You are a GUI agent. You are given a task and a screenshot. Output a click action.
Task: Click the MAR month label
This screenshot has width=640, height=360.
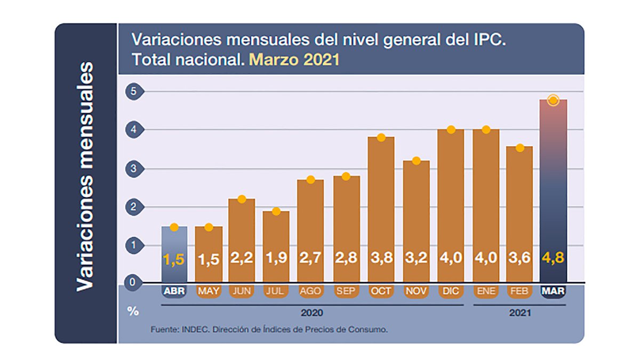click(553, 291)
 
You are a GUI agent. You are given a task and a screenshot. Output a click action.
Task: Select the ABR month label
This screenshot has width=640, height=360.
click(174, 291)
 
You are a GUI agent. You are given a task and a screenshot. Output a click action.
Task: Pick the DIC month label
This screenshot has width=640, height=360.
click(450, 291)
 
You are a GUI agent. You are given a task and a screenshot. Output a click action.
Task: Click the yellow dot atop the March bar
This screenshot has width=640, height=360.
click(553, 100)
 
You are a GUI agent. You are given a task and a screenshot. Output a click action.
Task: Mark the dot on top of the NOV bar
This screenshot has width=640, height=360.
click(416, 161)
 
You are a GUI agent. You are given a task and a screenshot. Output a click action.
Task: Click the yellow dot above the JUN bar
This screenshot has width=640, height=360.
click(242, 199)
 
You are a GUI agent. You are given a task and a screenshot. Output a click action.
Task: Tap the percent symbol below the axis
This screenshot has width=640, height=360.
click(133, 311)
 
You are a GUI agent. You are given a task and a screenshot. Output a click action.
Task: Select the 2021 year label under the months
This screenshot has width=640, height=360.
click(519, 314)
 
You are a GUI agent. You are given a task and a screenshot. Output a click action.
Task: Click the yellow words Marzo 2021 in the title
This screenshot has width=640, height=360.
click(294, 59)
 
